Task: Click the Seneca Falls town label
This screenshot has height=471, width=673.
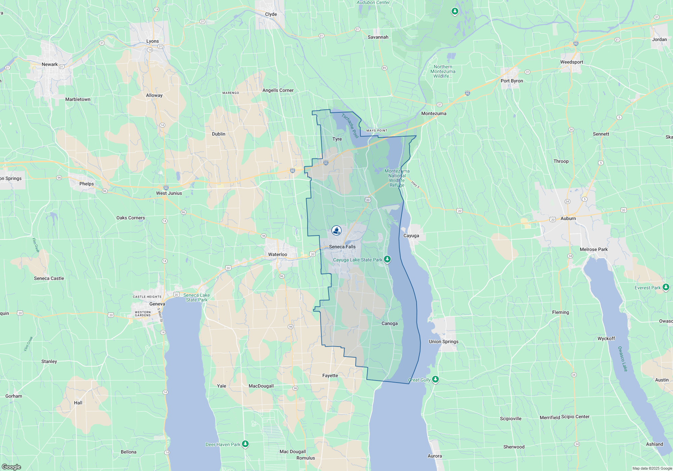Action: coord(342,247)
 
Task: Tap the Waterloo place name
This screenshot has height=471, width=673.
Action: coord(278,254)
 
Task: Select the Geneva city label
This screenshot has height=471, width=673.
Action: coord(157,304)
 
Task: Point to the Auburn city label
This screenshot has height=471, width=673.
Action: coord(568,218)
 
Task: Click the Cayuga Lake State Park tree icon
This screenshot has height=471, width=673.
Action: coord(387,259)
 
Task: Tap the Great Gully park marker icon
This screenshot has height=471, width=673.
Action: coord(435,379)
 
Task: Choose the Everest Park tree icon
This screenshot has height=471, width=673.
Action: coord(666,287)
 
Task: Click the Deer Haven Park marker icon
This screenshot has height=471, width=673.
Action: coord(245,444)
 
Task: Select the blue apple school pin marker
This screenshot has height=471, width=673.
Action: coord(336,230)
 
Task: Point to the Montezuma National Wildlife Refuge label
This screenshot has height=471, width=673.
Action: coord(397,178)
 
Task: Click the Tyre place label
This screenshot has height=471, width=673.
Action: coord(337,139)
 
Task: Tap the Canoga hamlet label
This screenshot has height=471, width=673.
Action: coord(389,323)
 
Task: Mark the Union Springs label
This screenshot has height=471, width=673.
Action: coord(444,341)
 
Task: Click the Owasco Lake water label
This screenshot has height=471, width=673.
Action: coord(623,359)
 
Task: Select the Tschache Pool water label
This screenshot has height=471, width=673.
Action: coord(350,125)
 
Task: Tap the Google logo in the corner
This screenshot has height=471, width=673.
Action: coord(11,467)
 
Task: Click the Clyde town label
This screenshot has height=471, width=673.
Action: coord(271,14)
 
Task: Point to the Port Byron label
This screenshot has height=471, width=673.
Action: coord(511,81)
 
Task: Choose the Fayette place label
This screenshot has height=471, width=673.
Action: coord(330,375)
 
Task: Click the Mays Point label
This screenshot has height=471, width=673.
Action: coord(377,131)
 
